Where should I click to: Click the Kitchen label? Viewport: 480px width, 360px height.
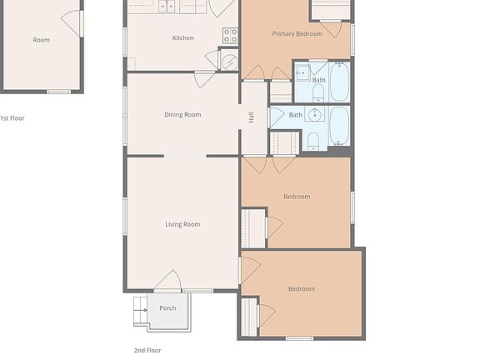tap(182, 37)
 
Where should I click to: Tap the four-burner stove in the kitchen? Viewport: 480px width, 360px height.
tap(230, 35)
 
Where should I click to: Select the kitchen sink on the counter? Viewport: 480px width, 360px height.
tap(167, 7)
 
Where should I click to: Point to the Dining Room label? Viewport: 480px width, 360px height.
tap(182, 114)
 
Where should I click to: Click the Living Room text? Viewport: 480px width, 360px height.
tap(182, 224)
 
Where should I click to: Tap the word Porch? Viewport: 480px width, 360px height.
tap(167, 308)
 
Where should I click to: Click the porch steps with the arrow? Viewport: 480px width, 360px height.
tap(140, 313)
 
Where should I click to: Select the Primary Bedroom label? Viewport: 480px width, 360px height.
tap(297, 34)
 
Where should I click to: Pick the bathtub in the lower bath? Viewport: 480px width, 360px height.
tap(339, 125)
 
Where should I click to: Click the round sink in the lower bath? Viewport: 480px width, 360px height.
tap(316, 115)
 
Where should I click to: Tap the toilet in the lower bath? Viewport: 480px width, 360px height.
tap(313, 139)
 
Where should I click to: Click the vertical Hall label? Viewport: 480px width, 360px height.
tap(251, 117)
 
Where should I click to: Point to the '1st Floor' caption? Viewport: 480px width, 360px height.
tap(12, 118)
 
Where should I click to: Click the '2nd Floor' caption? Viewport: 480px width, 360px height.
tap(147, 351)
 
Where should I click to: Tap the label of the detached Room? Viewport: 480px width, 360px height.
tap(41, 40)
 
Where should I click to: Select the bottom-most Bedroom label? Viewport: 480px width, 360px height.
tap(302, 289)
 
